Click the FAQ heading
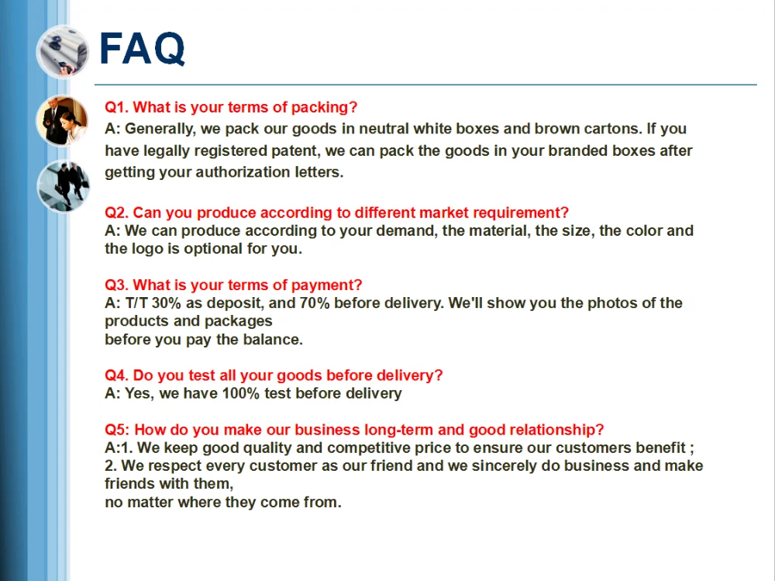click(143, 50)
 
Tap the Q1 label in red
click(118, 108)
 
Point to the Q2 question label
click(118, 213)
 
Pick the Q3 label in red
click(118, 285)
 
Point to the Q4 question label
click(118, 375)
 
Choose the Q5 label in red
click(118, 430)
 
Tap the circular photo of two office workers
click(62, 121)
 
